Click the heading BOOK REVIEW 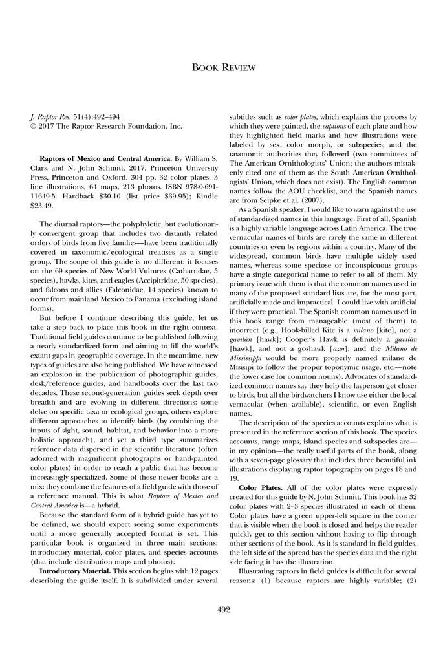(221, 68)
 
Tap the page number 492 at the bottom (221, 608)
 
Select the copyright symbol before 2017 (34, 125)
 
